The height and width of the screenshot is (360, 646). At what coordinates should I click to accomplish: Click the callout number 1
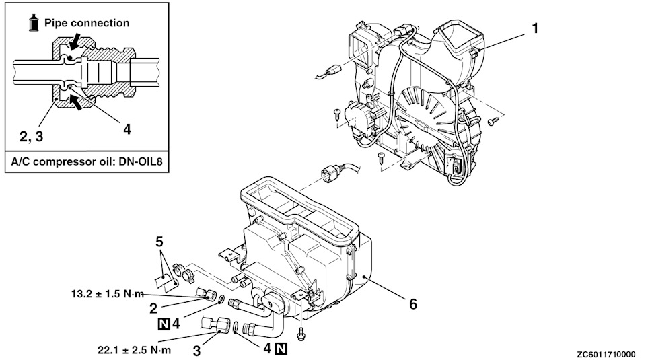535,28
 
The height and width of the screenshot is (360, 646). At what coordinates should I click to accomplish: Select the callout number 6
412,304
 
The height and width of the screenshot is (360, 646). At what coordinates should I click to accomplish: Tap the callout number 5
159,241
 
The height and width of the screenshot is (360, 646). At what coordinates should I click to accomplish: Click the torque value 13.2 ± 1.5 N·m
108,294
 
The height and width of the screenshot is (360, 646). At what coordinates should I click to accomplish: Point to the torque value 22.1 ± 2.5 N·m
134,350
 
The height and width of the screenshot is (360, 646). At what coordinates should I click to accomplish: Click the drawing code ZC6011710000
606,354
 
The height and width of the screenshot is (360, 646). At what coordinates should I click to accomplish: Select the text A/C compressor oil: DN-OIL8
87,161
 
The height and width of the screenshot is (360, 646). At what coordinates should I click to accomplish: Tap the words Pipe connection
87,23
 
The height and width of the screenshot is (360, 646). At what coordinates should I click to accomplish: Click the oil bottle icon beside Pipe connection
34,23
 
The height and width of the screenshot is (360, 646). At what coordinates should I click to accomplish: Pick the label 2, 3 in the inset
32,136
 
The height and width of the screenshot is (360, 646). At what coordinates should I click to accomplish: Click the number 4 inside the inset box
127,129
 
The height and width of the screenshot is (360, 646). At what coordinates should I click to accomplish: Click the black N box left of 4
164,324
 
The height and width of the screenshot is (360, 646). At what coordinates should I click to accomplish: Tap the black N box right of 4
281,349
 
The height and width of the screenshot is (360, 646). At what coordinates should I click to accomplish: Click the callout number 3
197,351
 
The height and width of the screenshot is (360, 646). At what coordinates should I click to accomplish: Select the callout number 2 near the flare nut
153,308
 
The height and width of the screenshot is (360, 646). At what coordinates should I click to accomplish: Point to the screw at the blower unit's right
493,121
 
